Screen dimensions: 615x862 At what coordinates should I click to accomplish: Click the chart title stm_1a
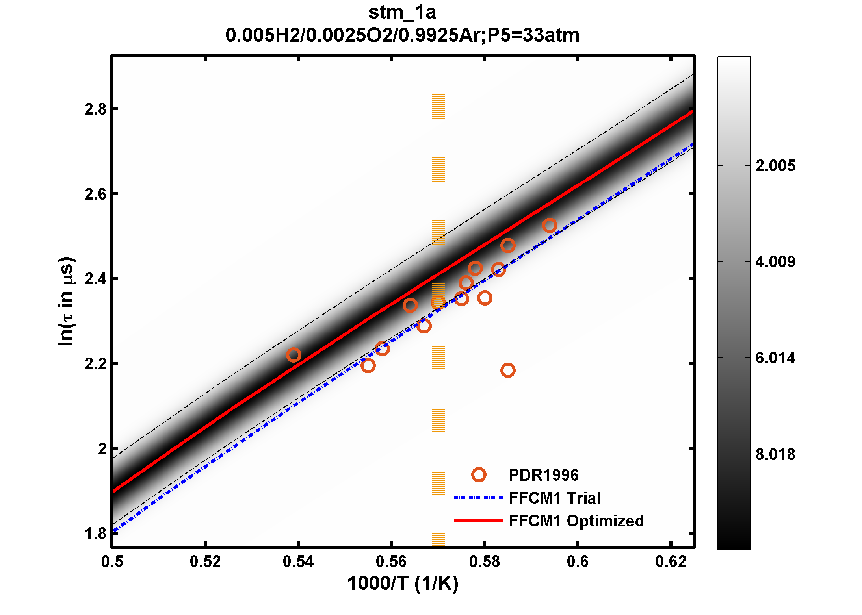402,13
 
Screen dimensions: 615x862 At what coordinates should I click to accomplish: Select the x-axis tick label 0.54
298,561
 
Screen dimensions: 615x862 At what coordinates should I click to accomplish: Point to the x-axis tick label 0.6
577,561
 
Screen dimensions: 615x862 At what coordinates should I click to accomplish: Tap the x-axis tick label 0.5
112,561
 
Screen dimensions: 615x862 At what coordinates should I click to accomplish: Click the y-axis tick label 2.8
96,109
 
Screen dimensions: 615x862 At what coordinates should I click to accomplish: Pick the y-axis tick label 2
102,449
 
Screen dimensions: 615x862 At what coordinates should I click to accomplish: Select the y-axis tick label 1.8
96,534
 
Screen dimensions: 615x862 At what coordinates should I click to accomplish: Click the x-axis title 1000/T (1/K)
403,584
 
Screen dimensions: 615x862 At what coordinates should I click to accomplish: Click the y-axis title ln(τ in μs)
66,302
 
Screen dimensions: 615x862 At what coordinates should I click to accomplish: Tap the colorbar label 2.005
775,166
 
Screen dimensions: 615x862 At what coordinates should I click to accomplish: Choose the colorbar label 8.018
775,454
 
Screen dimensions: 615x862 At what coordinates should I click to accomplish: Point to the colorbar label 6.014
775,358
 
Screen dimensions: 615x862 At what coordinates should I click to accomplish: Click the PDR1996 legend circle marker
479,475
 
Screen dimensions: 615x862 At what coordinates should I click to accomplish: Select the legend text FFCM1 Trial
554,498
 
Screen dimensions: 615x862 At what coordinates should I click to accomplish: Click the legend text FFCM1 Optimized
576,521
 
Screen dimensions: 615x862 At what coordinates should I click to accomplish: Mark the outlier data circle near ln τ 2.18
508,370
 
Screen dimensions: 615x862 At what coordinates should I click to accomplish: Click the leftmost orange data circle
294,355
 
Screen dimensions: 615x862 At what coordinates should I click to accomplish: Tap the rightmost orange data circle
549,225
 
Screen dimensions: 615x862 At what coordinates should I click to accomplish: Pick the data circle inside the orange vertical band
438,302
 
